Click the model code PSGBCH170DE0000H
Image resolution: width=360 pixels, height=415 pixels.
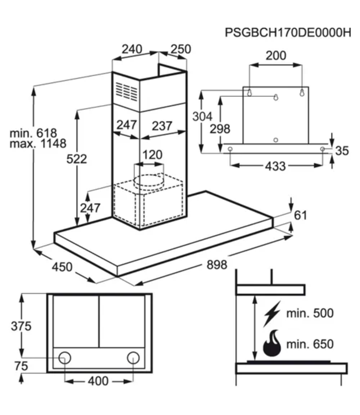pos(288,32)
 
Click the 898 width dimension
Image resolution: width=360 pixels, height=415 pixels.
pos(217,265)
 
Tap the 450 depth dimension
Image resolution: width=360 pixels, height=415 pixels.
pos(62,267)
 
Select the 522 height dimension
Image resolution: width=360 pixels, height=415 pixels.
pos(76,159)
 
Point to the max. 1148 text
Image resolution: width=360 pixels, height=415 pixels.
pos(38,144)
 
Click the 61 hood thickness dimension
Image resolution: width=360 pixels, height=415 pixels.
pos(300,215)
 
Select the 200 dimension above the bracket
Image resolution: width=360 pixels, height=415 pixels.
pos(276,55)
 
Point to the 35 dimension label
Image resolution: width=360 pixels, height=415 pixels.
pos(342,150)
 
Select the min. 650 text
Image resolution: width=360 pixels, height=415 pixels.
pos(310,345)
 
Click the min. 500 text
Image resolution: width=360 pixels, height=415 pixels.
pos(310,314)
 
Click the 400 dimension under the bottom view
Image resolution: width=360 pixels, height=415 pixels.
pos(98,381)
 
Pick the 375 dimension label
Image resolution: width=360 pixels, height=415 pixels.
pos(21,326)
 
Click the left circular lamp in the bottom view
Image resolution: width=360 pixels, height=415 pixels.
pos(65,357)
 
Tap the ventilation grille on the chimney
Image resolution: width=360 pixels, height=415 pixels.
pos(126,91)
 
